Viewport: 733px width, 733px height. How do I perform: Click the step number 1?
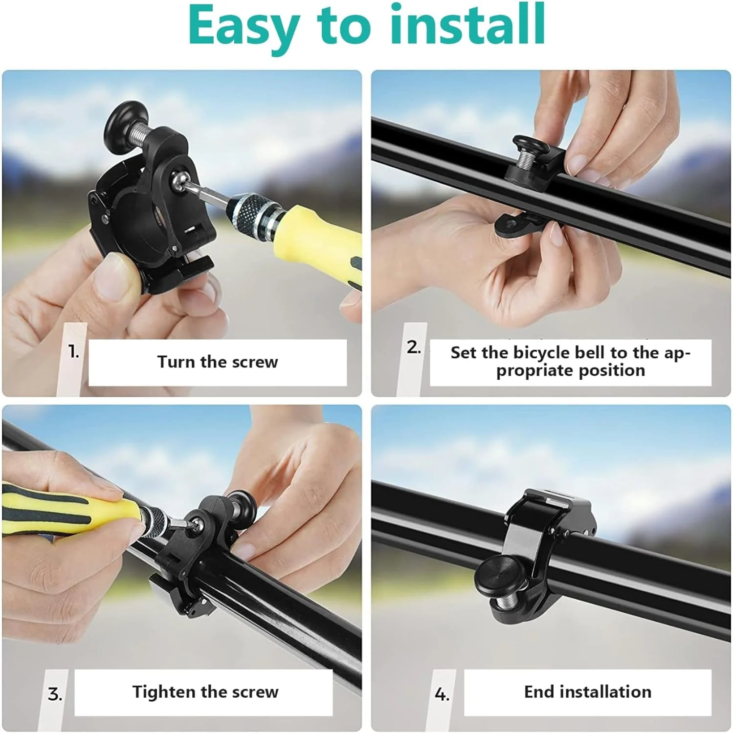[x=73, y=351]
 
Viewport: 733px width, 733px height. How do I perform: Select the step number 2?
[x=414, y=347]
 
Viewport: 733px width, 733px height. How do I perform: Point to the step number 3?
[x=55, y=694]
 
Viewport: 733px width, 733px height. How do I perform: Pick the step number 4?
[x=442, y=694]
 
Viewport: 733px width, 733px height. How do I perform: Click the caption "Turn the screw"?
[x=218, y=362]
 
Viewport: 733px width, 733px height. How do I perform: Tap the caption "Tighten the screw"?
[x=205, y=692]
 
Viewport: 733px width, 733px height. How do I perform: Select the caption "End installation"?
[x=588, y=692]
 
